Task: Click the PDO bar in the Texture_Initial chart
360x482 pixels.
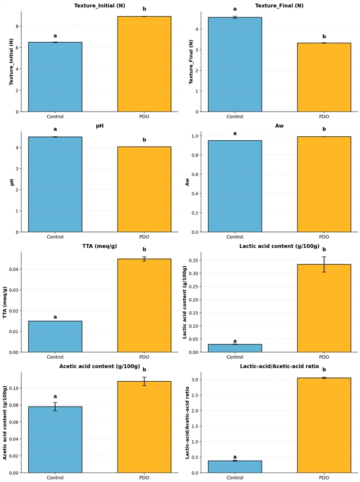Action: tap(144, 64)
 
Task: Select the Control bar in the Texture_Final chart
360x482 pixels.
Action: tap(235, 65)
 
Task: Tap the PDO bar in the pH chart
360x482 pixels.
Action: tap(144, 189)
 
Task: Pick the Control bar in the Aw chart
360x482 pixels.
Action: tap(235, 186)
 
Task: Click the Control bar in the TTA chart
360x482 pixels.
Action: tap(55, 337)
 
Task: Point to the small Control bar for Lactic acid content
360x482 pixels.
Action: tap(235, 349)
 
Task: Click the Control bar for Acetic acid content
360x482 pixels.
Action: tap(55, 440)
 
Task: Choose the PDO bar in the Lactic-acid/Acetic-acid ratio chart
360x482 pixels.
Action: tap(324, 425)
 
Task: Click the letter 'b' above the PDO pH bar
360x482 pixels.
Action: tap(144, 140)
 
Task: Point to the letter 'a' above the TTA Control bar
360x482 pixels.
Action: tap(55, 316)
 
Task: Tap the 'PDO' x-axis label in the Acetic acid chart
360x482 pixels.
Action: tap(144, 477)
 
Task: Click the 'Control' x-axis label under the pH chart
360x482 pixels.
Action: tap(55, 237)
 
